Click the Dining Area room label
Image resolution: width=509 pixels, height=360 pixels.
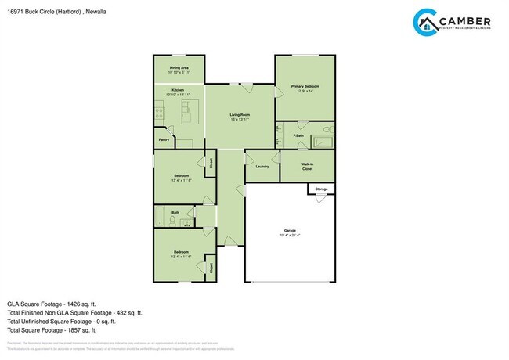pos(179,68)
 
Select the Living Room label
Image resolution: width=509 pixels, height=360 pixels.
pos(240,115)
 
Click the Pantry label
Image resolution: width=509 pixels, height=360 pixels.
pos(164,139)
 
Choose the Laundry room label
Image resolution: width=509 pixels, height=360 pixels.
pos(262,166)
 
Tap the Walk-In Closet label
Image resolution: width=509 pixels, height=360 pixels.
pos(308,166)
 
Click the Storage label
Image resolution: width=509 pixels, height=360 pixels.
pos(322,189)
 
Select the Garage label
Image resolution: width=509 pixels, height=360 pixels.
pos(290,230)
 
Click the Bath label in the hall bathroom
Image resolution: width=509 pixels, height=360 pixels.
pos(175,212)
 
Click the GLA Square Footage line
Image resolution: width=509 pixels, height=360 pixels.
pos(51,303)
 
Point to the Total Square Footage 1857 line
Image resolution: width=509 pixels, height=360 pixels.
pos(52,330)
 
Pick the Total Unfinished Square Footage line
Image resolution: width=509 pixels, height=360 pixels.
pos(61,321)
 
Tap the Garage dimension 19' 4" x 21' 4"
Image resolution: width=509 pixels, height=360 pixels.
pos(290,235)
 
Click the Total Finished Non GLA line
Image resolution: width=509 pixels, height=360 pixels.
pos(74,312)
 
